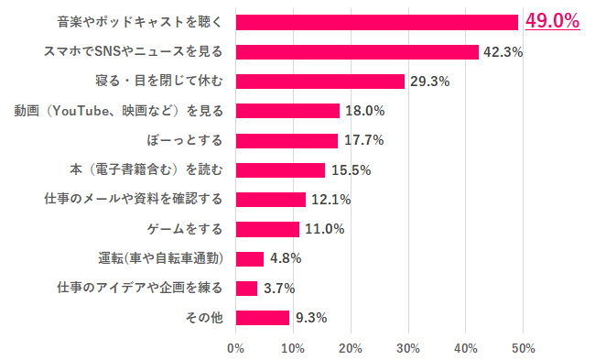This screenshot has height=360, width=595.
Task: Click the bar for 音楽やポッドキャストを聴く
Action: [x=377, y=22]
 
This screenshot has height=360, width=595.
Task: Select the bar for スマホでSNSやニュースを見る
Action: [x=357, y=52]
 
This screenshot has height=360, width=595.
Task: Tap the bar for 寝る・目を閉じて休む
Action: [x=319, y=82]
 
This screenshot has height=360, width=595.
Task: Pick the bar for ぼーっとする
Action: [x=287, y=140]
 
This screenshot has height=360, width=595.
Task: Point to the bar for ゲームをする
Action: [x=267, y=229]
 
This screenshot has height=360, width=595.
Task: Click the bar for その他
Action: [x=263, y=318]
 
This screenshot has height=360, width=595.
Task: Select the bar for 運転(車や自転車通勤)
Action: [x=249, y=258]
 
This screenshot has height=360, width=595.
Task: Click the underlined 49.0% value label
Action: [x=553, y=21]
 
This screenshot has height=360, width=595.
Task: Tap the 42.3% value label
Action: [x=503, y=52]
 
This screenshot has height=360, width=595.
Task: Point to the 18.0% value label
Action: [x=364, y=111]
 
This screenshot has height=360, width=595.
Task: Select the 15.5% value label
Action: [x=350, y=170]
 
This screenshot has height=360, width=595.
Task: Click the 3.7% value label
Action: [x=278, y=289]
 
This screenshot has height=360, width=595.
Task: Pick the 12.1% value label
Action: [x=330, y=200]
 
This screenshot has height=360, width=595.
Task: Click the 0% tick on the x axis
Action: [x=235, y=348]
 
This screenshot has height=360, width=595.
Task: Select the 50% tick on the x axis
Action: [x=523, y=348]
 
